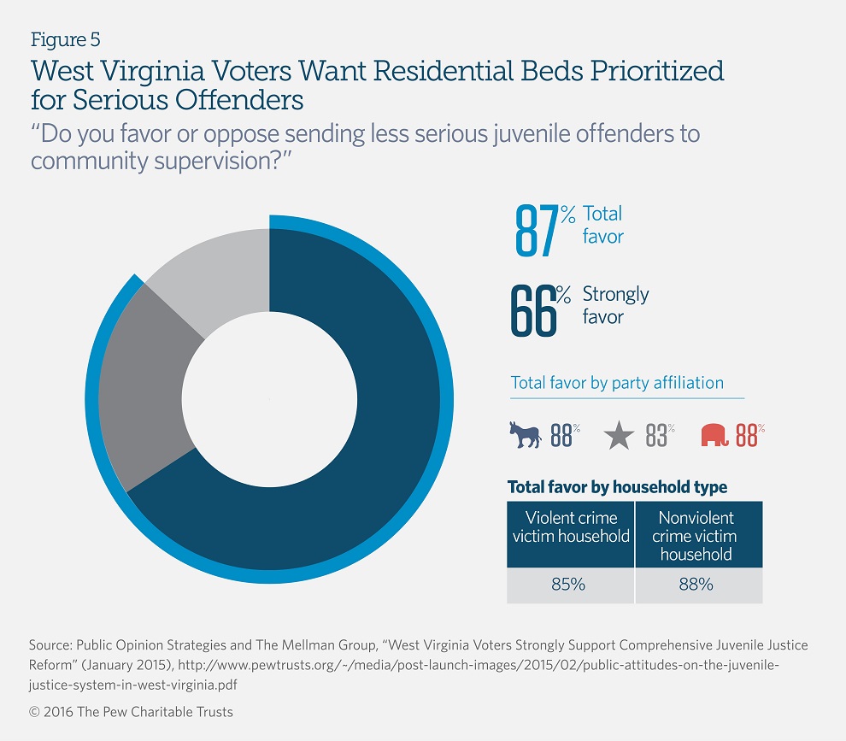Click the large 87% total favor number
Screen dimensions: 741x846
tap(538, 230)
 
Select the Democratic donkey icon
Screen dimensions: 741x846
tap(526, 435)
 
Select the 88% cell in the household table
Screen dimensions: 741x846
tap(696, 585)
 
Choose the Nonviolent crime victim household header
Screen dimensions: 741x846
tap(696, 536)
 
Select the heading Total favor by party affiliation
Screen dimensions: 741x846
tap(617, 382)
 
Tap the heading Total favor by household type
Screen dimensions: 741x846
tap(617, 487)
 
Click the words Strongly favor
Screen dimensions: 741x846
tap(615, 305)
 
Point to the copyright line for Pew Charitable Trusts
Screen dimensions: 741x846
tap(131, 711)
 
